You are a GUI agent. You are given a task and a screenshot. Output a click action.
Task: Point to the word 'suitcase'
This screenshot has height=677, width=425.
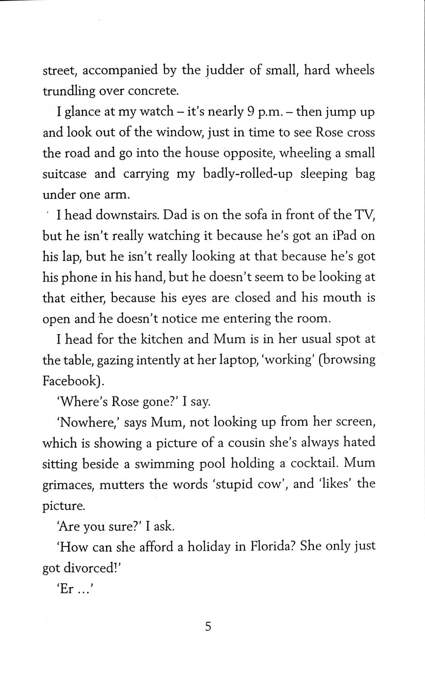(65, 174)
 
